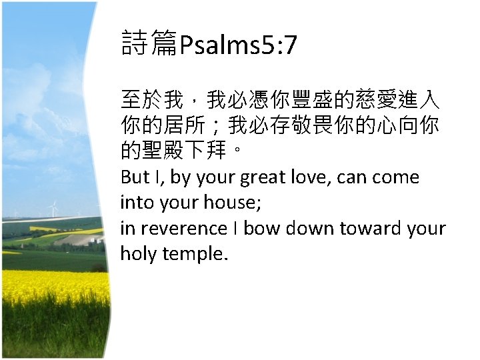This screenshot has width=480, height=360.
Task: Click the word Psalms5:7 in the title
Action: [239, 46]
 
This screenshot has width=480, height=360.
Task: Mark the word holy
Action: [137, 254]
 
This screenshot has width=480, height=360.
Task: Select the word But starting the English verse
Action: [135, 177]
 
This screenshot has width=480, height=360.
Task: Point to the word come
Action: [397, 178]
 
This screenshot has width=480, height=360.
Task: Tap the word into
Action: [136, 202]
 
